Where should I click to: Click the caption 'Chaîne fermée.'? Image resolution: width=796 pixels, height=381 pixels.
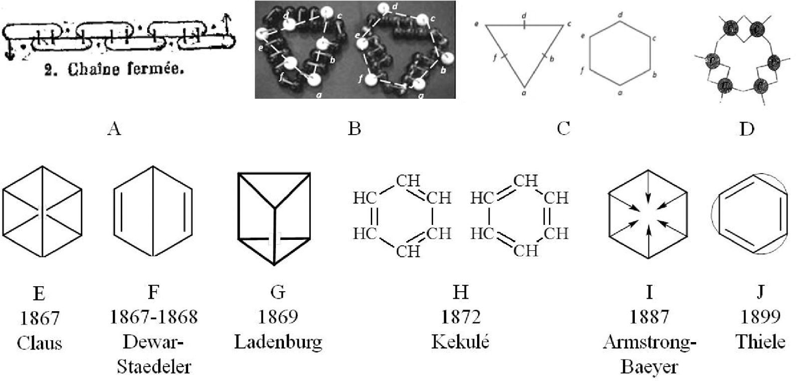click(x=114, y=70)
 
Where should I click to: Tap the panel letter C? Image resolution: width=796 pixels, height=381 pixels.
click(x=563, y=129)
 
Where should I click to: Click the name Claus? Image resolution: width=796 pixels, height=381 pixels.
click(x=39, y=343)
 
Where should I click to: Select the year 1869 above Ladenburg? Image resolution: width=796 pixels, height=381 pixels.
click(x=277, y=317)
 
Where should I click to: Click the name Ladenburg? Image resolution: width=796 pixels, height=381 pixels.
click(x=278, y=342)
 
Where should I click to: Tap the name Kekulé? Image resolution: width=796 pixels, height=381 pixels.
click(x=460, y=342)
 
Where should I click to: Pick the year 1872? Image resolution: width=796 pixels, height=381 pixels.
click(x=460, y=317)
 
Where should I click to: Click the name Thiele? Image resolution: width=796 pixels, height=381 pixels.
click(x=760, y=342)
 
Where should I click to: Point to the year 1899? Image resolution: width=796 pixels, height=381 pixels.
click(x=760, y=317)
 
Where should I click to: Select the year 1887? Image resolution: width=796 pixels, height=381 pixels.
click(x=649, y=317)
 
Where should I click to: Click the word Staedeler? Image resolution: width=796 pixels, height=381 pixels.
click(x=154, y=367)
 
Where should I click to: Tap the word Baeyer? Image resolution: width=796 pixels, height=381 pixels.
click(x=649, y=367)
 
